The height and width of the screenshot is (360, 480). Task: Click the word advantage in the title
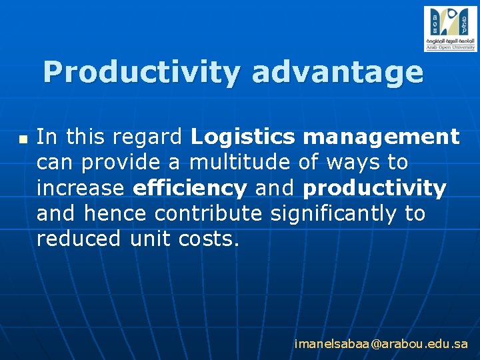click(337, 73)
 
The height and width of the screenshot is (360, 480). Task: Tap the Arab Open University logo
click(451, 29)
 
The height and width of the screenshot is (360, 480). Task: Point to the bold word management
click(381, 137)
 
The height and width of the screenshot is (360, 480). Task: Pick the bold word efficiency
click(190, 189)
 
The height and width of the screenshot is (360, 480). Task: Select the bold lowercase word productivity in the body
click(374, 189)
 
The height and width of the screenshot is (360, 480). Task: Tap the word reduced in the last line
click(79, 239)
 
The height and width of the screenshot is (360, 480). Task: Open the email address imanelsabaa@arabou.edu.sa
click(381, 345)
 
